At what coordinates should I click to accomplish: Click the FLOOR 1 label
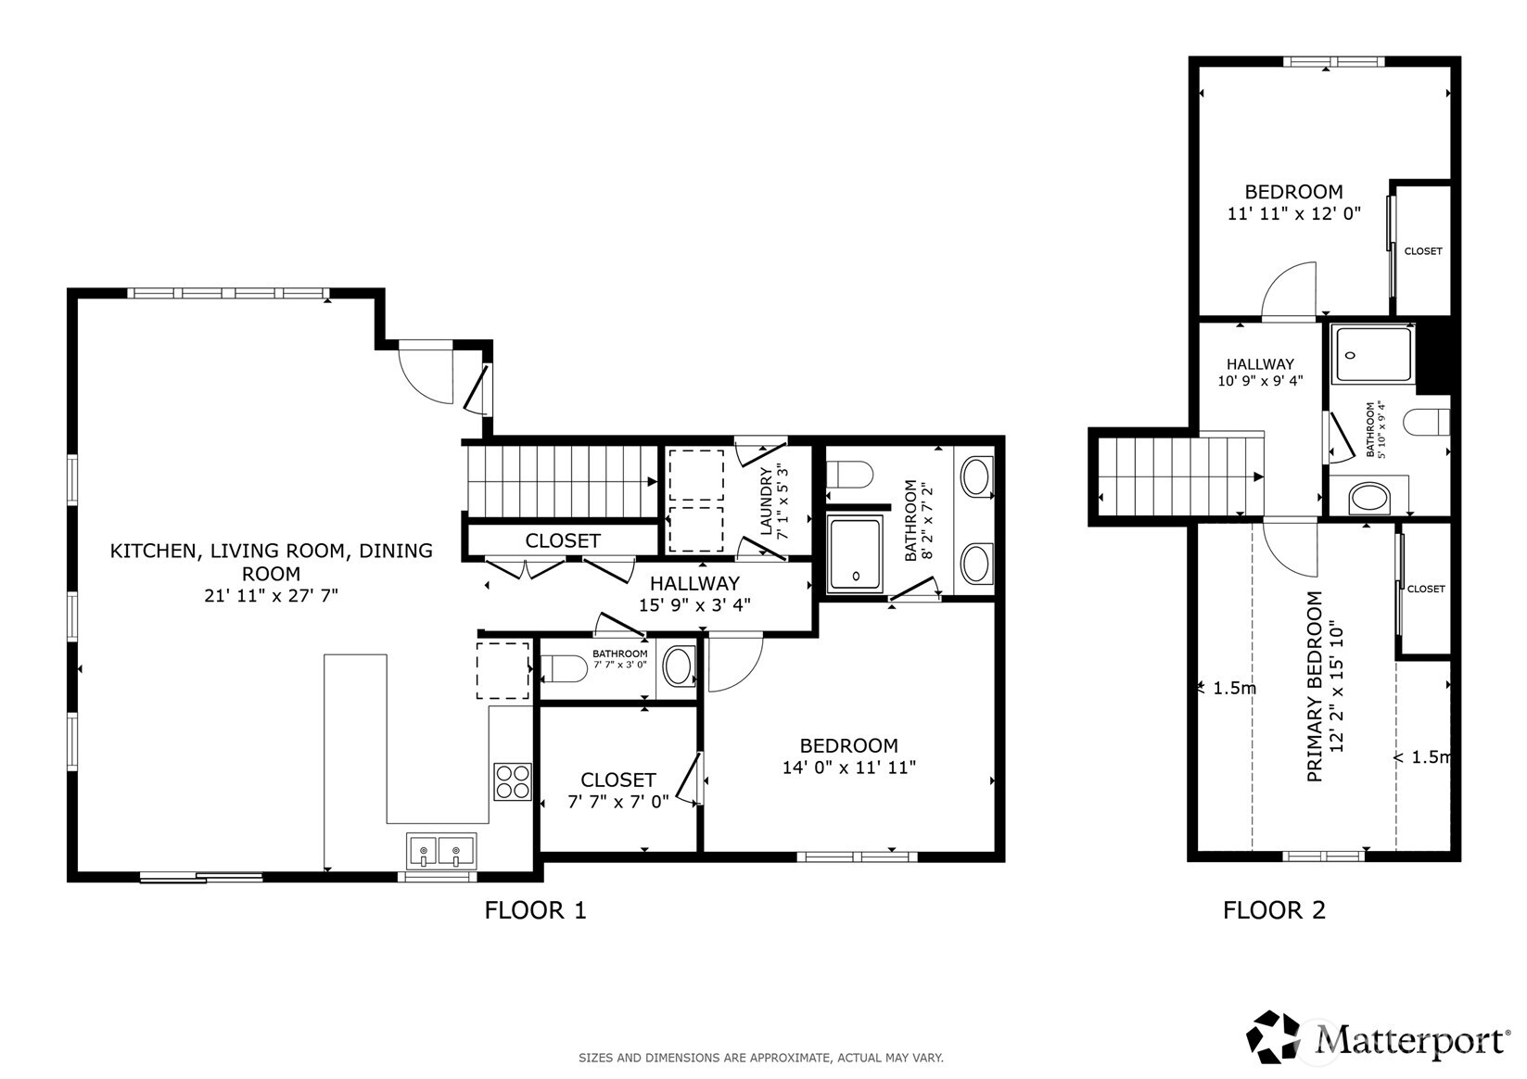535,910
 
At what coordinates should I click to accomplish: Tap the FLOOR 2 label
1274,910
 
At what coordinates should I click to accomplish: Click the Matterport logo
1378,1037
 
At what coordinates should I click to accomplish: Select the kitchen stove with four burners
512,781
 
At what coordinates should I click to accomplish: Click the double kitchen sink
440,849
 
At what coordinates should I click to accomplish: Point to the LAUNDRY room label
767,501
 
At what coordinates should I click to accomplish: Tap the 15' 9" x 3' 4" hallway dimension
694,605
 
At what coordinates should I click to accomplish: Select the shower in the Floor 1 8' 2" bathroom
855,553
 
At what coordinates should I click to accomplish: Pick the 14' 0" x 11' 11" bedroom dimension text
848,768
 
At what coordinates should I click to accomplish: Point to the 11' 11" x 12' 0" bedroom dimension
1293,213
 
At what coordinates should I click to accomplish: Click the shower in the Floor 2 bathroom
1373,354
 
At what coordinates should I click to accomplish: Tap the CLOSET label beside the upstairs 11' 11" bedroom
1422,251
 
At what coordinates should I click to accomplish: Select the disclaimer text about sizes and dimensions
760,1058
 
